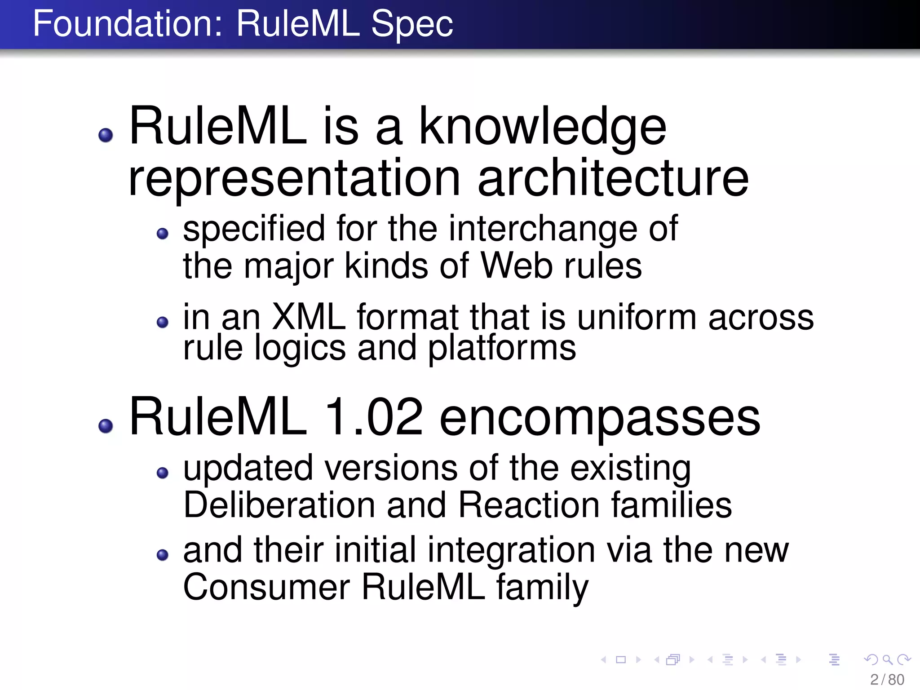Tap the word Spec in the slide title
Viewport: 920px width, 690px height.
pyautogui.click(x=412, y=24)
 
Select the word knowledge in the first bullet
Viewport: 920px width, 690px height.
pyautogui.click(x=542, y=128)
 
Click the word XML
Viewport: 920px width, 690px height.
pyautogui.click(x=309, y=317)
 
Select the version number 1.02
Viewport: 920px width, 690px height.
pyautogui.click(x=373, y=418)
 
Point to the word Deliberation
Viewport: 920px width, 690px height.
pyautogui.click(x=279, y=505)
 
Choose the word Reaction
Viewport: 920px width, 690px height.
pyautogui.click(x=529, y=505)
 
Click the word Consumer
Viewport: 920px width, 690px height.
pyautogui.click(x=266, y=587)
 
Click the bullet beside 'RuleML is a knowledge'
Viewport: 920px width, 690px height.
pyautogui.click(x=106, y=135)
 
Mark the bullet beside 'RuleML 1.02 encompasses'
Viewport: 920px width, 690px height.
pyautogui.click(x=106, y=426)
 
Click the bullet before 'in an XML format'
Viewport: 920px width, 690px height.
pyautogui.click(x=163, y=322)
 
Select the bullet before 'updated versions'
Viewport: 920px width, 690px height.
pyautogui.click(x=163, y=473)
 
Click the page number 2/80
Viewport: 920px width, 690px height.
pyautogui.click(x=887, y=680)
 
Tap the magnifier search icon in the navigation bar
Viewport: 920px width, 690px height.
pyautogui.click(x=887, y=659)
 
